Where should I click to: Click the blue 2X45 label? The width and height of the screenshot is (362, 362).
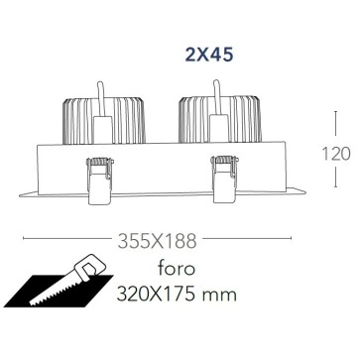tap(209, 55)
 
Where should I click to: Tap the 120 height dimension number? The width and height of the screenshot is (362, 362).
tap(336, 154)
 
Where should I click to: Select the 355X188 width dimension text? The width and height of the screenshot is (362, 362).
tap(158, 241)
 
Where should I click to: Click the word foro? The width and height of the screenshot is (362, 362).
tap(177, 268)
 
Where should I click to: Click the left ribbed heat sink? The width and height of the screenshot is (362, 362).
tap(104, 121)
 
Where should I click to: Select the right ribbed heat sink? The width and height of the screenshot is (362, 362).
tap(220, 120)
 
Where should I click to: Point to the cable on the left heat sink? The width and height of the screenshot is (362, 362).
tap(101, 98)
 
